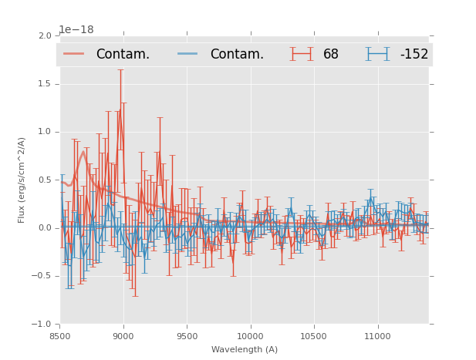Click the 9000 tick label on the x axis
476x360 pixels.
(x=123, y=336)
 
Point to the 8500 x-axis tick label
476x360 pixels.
(x=59, y=336)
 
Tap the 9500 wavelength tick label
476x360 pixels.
(x=187, y=336)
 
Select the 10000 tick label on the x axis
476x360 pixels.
(x=250, y=336)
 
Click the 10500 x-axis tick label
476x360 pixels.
(x=313, y=336)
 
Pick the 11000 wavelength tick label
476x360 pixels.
(x=377, y=336)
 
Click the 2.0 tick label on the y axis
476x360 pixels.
(x=44, y=35)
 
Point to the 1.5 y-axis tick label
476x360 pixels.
(x=44, y=84)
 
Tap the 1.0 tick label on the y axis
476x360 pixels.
(x=44, y=132)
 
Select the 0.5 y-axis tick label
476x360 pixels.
(x=44, y=180)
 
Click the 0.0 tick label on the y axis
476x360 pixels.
(x=44, y=228)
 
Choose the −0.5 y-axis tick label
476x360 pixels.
(x=42, y=276)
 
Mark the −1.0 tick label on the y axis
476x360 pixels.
(x=42, y=325)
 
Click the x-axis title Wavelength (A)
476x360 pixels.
(x=245, y=350)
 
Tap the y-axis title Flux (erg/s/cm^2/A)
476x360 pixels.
(x=22, y=180)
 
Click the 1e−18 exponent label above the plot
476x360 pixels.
(x=76, y=30)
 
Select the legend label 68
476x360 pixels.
(x=330, y=55)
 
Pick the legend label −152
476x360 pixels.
(x=414, y=55)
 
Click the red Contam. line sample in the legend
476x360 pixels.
(x=73, y=54)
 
